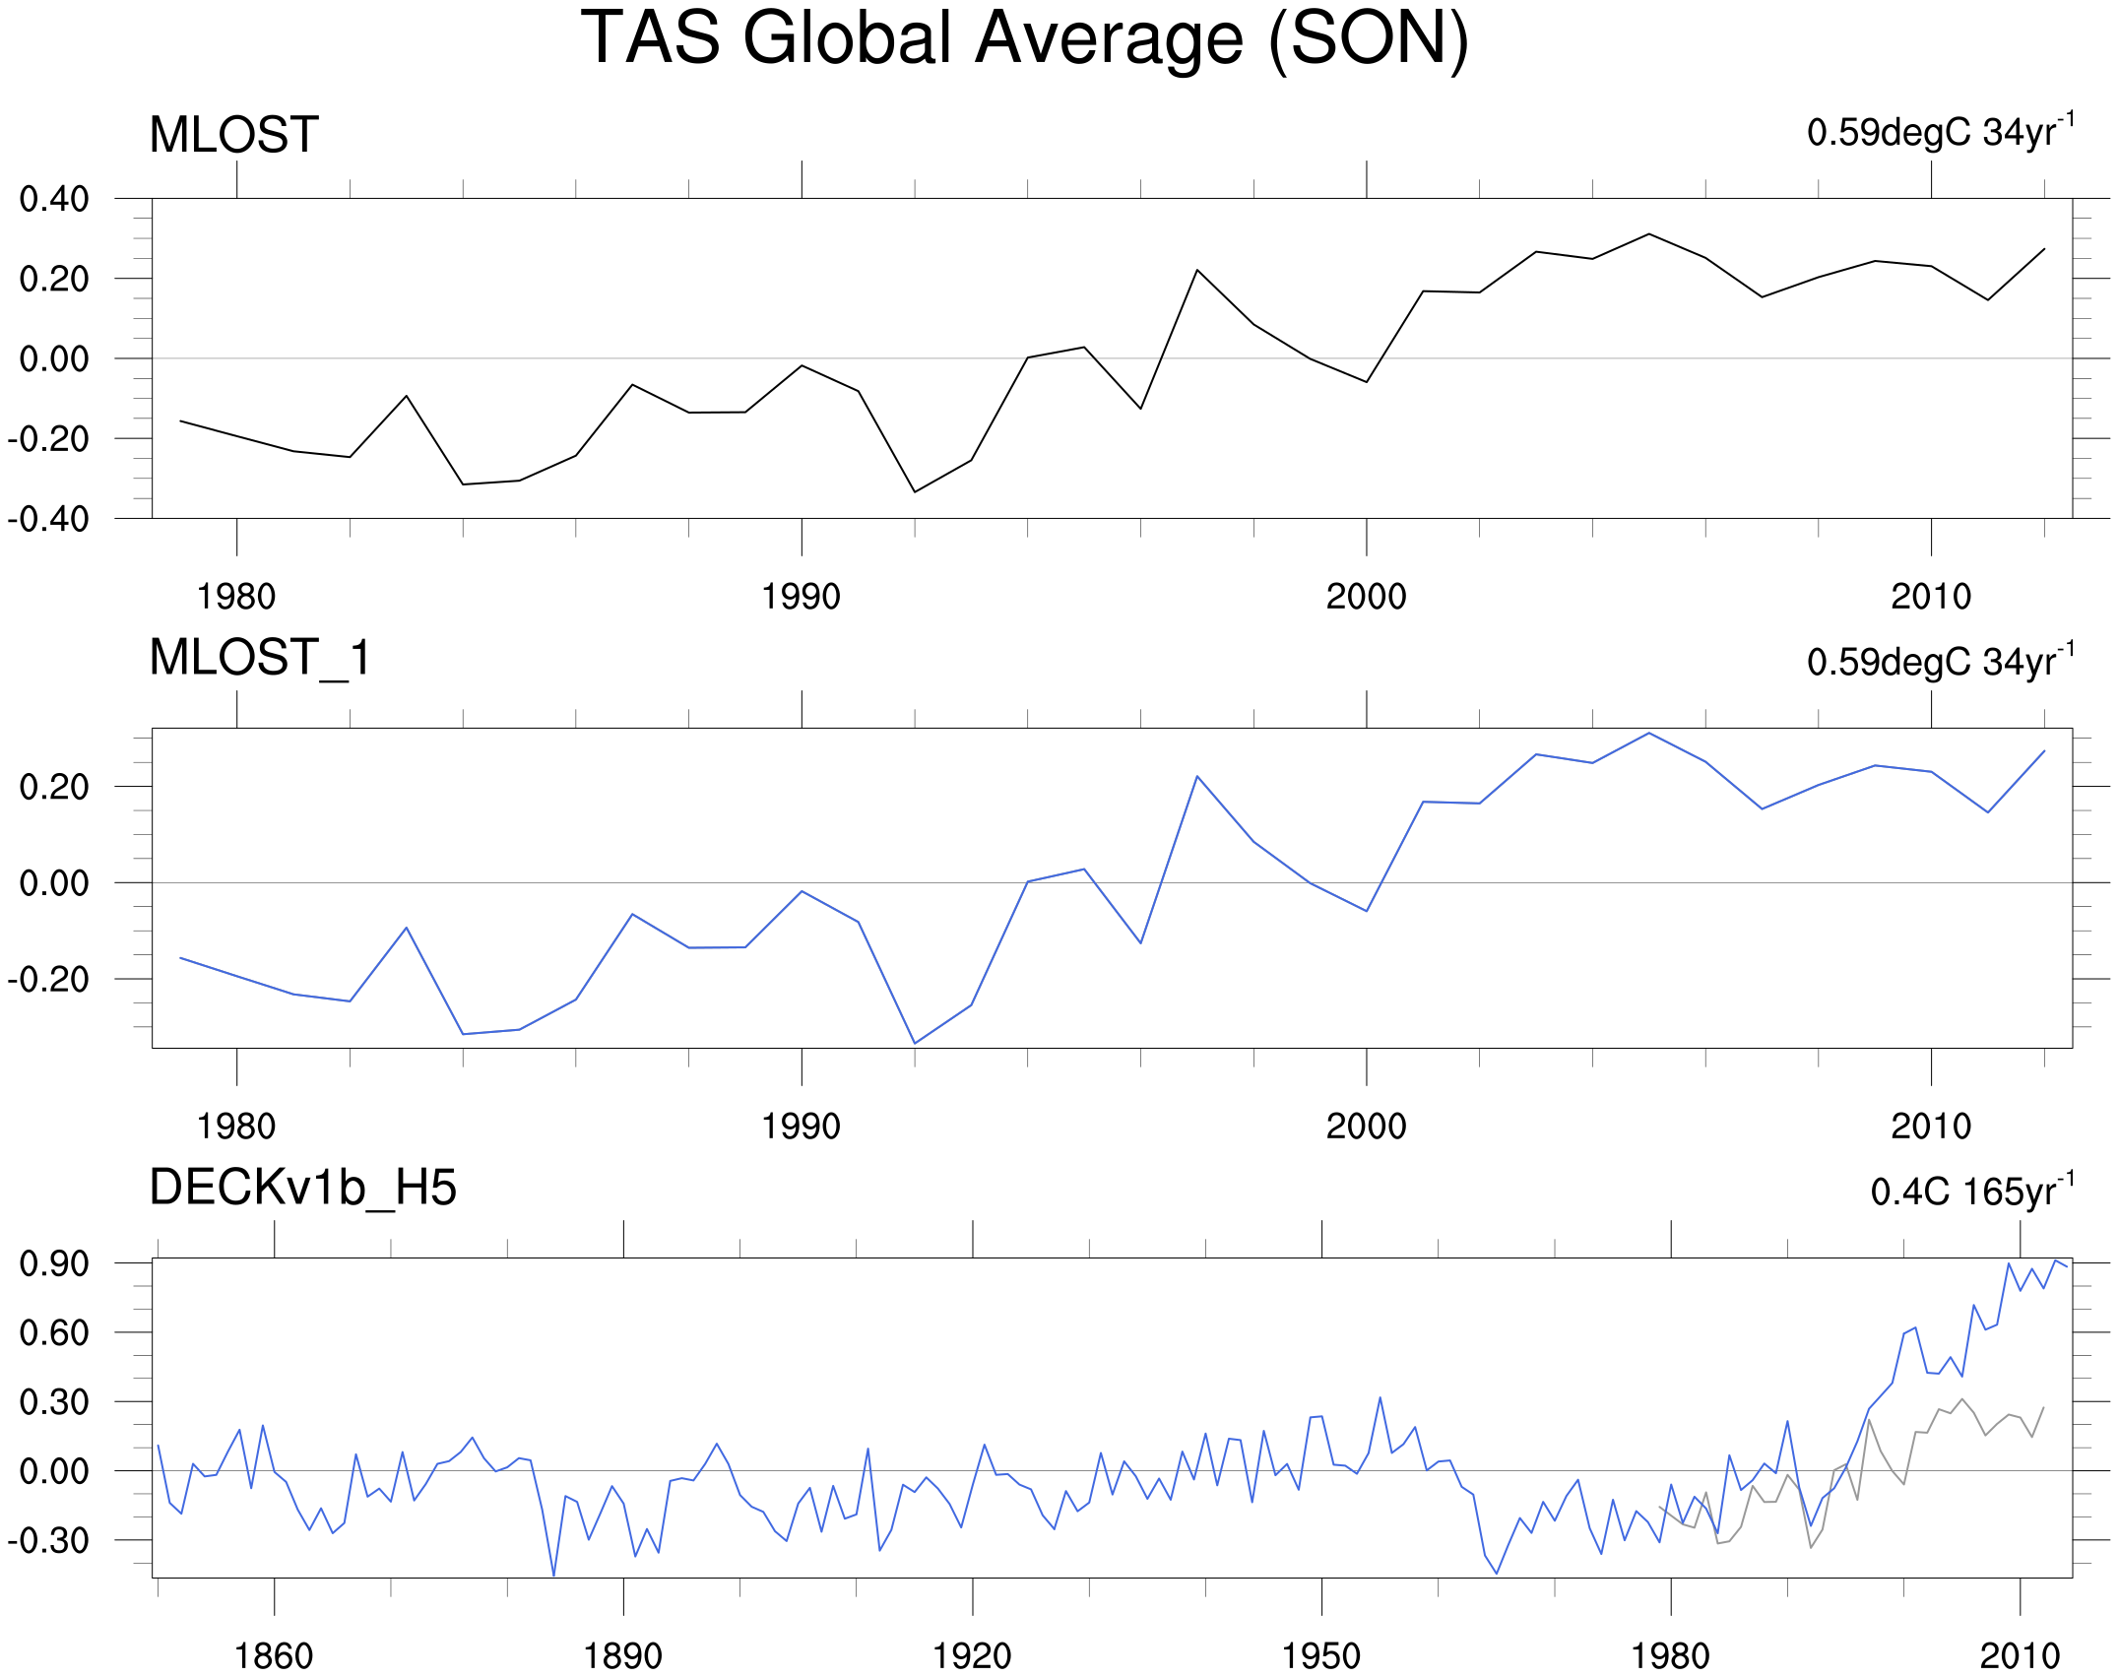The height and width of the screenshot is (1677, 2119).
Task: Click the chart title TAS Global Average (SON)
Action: pyautogui.click(x=1024, y=39)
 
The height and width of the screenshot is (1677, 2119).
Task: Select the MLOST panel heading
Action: pyautogui.click(x=234, y=135)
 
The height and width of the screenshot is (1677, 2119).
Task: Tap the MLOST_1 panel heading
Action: pyautogui.click(x=261, y=658)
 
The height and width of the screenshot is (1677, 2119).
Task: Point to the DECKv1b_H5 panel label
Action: pyautogui.click(x=303, y=1188)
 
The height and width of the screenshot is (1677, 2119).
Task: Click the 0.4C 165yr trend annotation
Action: pyautogui.click(x=1972, y=1190)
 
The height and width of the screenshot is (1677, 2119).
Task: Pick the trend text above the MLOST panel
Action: pyautogui.click(x=1941, y=131)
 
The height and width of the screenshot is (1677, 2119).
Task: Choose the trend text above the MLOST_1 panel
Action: pyautogui.click(x=1941, y=660)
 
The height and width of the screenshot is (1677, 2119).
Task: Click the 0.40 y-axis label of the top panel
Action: pyautogui.click(x=54, y=199)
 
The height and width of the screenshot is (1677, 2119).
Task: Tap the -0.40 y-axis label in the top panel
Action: pyautogui.click(x=48, y=518)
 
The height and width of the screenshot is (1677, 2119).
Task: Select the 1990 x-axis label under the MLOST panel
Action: pyautogui.click(x=802, y=597)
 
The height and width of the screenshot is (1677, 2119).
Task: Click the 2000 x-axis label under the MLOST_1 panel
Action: pyautogui.click(x=1367, y=1127)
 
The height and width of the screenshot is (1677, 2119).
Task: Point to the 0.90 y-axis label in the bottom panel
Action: pyautogui.click(x=54, y=1263)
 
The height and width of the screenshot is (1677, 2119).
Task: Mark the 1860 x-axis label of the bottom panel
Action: pyautogui.click(x=274, y=1656)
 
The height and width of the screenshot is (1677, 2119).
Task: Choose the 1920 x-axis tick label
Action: pyautogui.click(x=973, y=1656)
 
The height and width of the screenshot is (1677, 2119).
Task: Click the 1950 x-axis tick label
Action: pyautogui.click(x=1321, y=1656)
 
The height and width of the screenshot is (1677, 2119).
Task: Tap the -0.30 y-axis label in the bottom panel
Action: pyautogui.click(x=48, y=1540)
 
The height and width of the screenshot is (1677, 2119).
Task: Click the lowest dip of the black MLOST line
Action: pyautogui.click(x=915, y=491)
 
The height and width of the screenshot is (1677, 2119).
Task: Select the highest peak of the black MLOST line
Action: pyautogui.click(x=1649, y=234)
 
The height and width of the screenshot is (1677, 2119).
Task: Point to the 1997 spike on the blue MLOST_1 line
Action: pyautogui.click(x=1197, y=777)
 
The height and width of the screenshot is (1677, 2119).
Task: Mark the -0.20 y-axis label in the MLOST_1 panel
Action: pyautogui.click(x=48, y=980)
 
